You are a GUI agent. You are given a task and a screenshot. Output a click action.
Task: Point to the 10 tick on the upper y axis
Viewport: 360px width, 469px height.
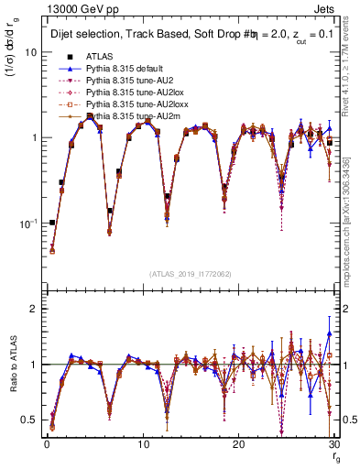pyautogui.click(x=30, y=51)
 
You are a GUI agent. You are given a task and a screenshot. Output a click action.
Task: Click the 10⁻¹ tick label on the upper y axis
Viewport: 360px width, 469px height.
pyautogui.click(x=27, y=224)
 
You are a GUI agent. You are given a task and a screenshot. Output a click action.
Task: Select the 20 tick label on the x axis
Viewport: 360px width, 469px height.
pyautogui.click(x=238, y=446)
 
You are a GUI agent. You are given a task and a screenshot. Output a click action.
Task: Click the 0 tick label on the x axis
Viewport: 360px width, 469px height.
pyautogui.click(x=47, y=446)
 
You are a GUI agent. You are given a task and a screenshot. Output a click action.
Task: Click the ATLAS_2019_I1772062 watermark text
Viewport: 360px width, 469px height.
pyautogui.click(x=190, y=274)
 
